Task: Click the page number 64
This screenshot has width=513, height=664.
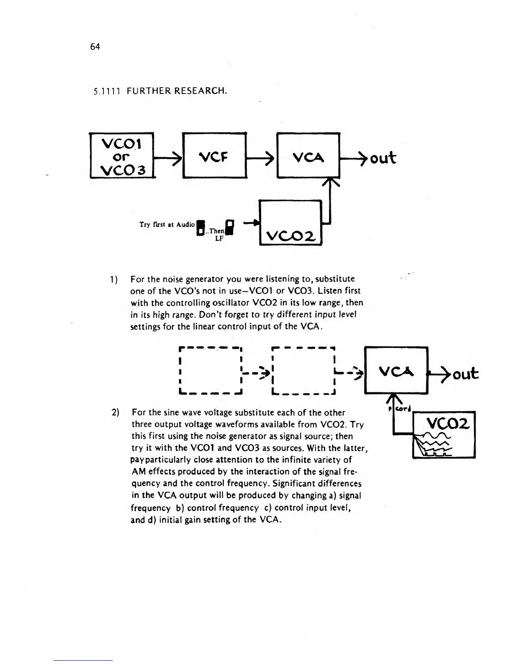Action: coord(95,47)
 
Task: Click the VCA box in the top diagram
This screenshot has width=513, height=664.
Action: coord(308,156)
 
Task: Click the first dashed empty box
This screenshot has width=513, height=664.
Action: coord(211,371)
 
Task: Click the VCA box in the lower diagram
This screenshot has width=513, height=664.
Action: coord(396,371)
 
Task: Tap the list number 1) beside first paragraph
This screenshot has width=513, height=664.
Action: coord(114,279)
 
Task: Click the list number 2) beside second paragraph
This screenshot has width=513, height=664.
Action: coord(116,412)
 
